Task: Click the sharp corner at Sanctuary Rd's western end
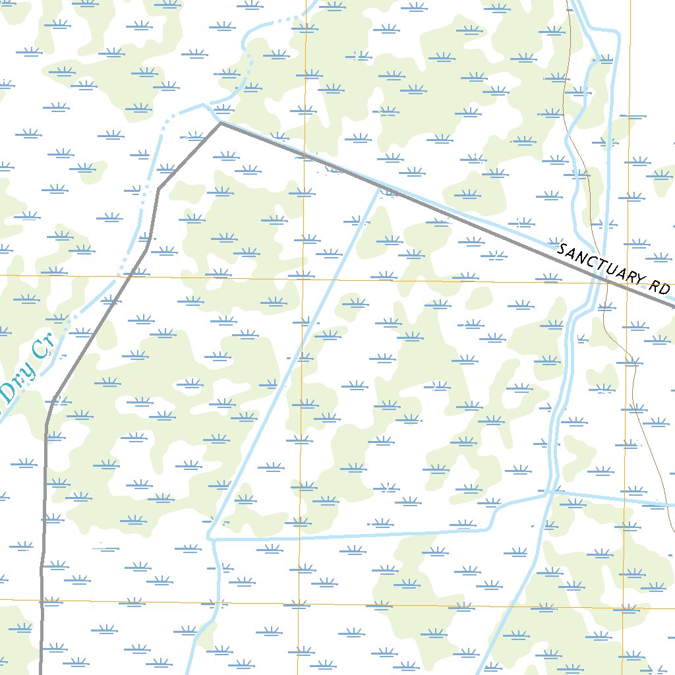tap(220, 122)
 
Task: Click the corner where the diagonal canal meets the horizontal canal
tap(211, 538)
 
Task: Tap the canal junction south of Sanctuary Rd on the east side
tap(552, 491)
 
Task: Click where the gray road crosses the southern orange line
tap(42, 601)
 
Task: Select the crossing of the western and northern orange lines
tap(303, 278)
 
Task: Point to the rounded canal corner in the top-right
tap(616, 33)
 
